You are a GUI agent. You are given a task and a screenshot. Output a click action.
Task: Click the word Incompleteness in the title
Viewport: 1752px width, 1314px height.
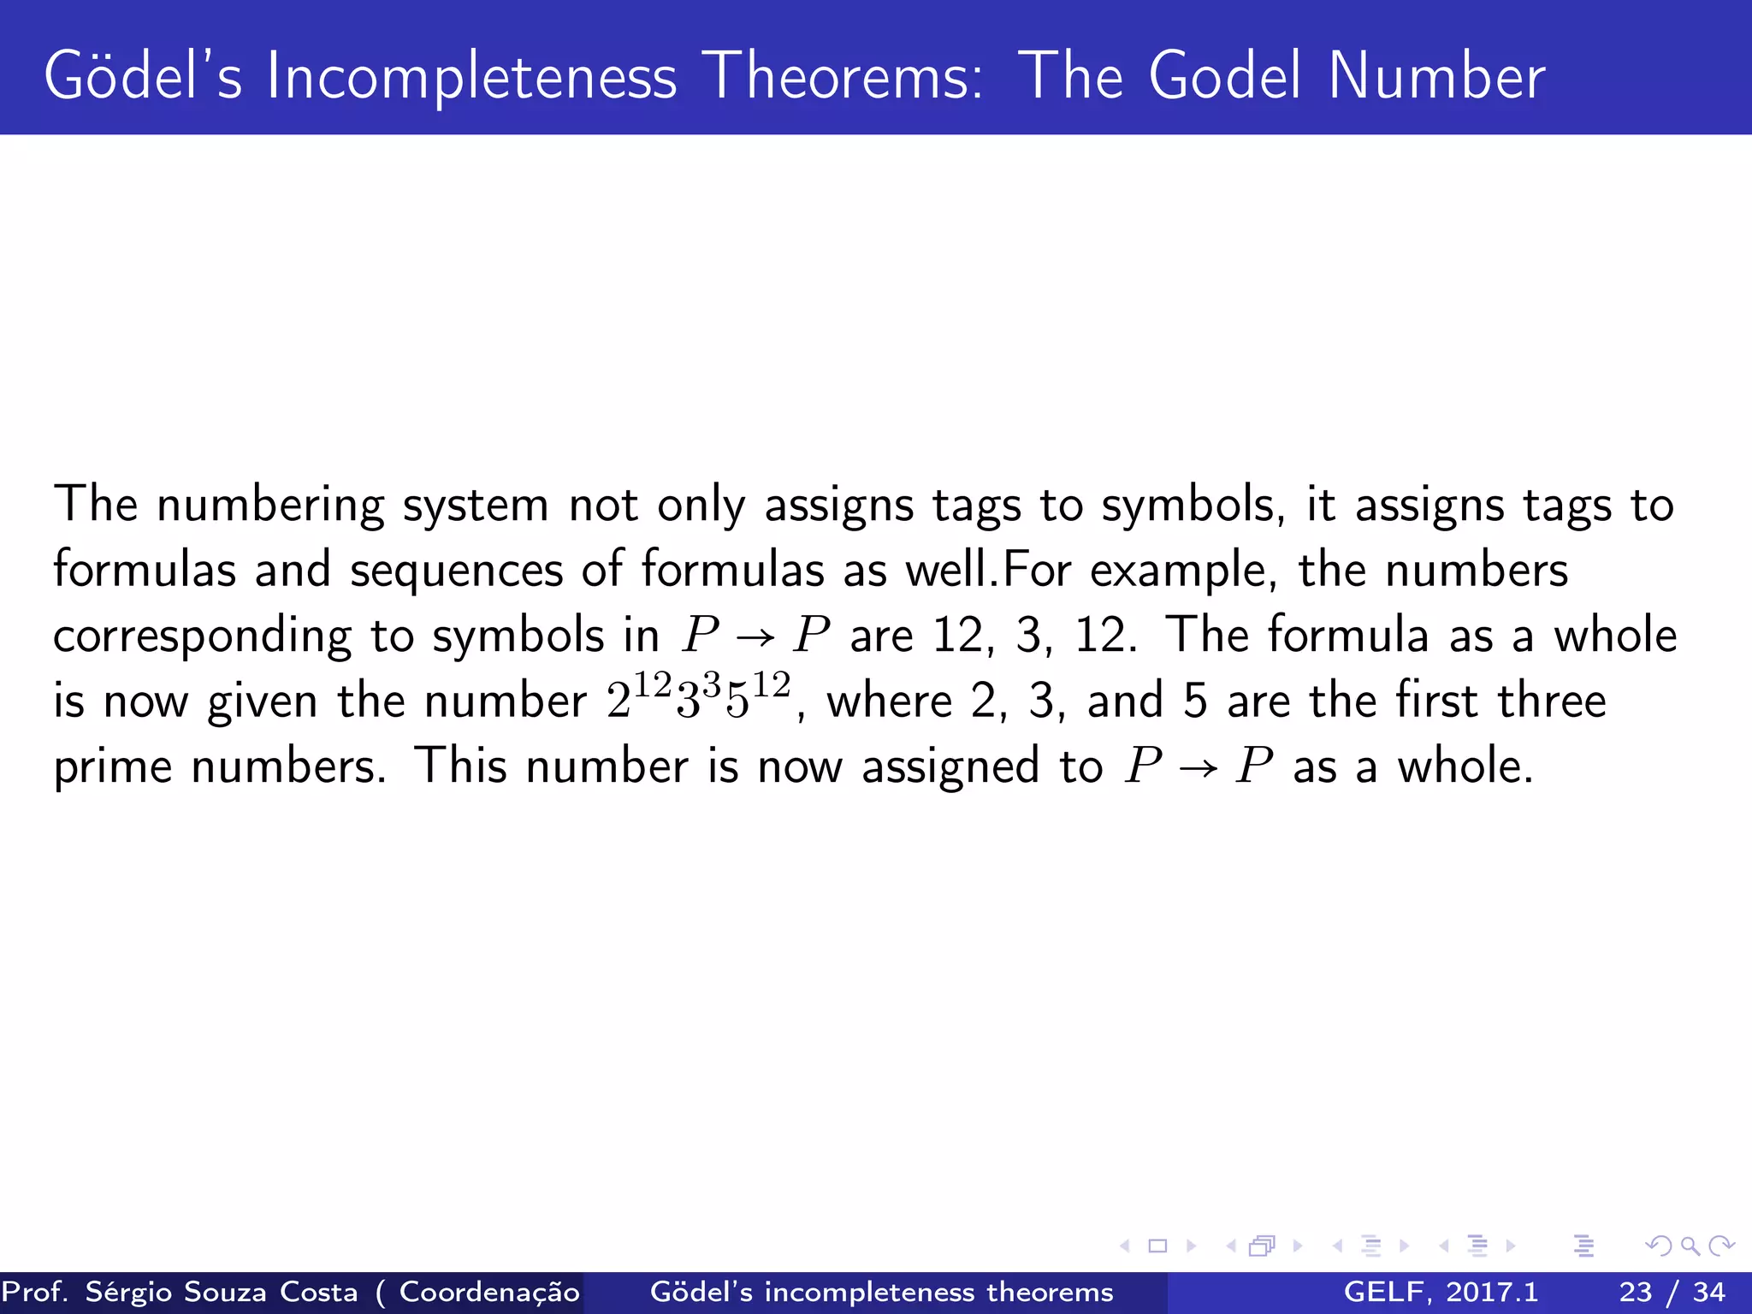pyautogui.click(x=471, y=77)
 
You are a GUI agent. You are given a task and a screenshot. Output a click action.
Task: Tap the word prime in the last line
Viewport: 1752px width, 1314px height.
pyautogui.click(x=112, y=767)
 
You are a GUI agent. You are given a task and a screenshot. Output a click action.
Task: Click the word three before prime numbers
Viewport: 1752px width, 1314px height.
pyautogui.click(x=1551, y=701)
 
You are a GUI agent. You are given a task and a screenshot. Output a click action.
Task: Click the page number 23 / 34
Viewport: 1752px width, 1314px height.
pyautogui.click(x=1672, y=1292)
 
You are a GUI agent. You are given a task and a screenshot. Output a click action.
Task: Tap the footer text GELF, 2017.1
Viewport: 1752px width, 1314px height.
pyautogui.click(x=1441, y=1292)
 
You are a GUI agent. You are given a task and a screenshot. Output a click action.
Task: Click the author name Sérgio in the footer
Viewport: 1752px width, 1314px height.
pyautogui.click(x=134, y=1292)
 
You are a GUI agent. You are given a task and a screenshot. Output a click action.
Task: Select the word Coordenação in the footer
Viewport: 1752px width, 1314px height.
pyautogui.click(x=489, y=1292)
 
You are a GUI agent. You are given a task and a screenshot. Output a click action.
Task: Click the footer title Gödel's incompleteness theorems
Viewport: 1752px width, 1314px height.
pyautogui.click(x=881, y=1292)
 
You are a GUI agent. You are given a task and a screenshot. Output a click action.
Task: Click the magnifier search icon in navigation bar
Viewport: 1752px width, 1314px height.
pyautogui.click(x=1690, y=1246)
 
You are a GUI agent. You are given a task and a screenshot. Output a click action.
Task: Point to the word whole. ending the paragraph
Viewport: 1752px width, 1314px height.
pyautogui.click(x=1465, y=767)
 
